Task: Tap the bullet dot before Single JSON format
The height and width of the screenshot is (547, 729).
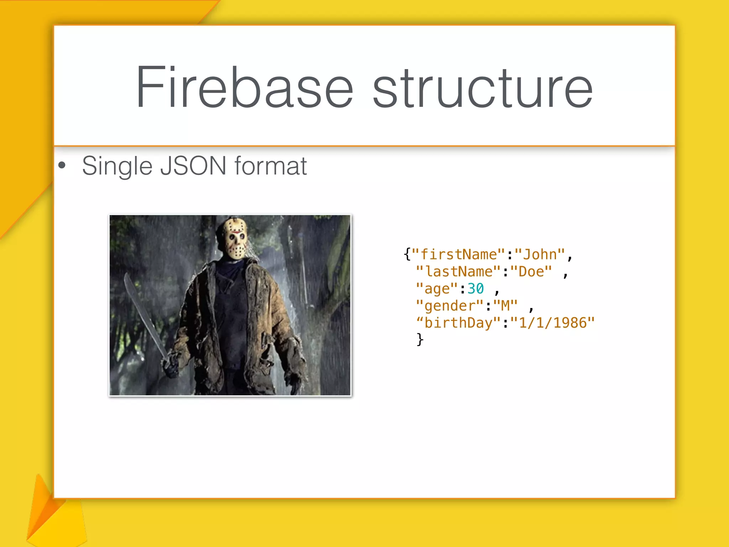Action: tap(62, 165)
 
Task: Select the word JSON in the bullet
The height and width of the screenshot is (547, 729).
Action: tap(193, 166)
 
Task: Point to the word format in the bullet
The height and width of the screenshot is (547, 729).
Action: tap(271, 166)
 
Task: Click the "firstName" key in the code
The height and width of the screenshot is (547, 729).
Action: tap(458, 255)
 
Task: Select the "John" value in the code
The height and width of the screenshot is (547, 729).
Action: tap(540, 255)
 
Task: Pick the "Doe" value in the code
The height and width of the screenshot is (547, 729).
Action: tap(531, 272)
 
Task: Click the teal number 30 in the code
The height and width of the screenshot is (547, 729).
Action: tap(476, 288)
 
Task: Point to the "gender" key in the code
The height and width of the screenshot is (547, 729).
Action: tap(450, 306)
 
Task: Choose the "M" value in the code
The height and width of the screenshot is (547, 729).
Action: tap(505, 306)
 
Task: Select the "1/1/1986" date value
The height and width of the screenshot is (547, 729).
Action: tap(552, 323)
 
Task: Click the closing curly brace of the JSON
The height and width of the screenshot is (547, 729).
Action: tap(420, 339)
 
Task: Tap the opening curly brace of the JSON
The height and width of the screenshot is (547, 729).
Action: tap(407, 255)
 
